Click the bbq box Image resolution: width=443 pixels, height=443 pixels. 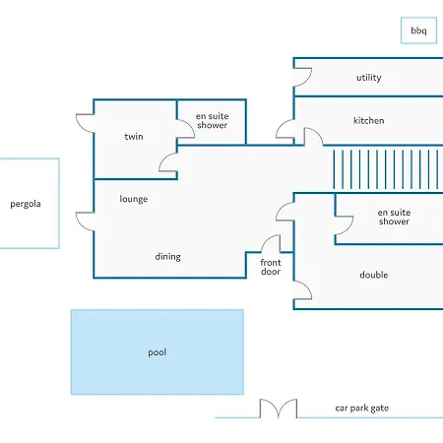point(418,31)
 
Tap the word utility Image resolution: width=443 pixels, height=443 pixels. point(369,78)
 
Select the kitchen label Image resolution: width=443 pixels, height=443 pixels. point(369,120)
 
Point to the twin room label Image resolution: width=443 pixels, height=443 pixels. point(134,136)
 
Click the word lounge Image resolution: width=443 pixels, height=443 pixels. point(134,199)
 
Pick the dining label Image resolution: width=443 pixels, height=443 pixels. point(168,257)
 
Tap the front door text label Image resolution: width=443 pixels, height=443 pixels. point(271,267)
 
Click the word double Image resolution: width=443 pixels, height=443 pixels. point(374,275)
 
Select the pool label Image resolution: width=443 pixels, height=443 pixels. point(158,352)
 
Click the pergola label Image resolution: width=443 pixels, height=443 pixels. point(26,204)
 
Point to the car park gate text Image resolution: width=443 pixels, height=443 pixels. point(362,408)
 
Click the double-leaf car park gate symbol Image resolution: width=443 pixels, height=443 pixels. point(279,409)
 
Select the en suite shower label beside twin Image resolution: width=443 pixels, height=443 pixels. point(213,120)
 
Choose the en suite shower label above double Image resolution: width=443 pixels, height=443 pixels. point(394,217)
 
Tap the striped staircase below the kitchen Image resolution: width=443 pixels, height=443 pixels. point(386,169)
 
